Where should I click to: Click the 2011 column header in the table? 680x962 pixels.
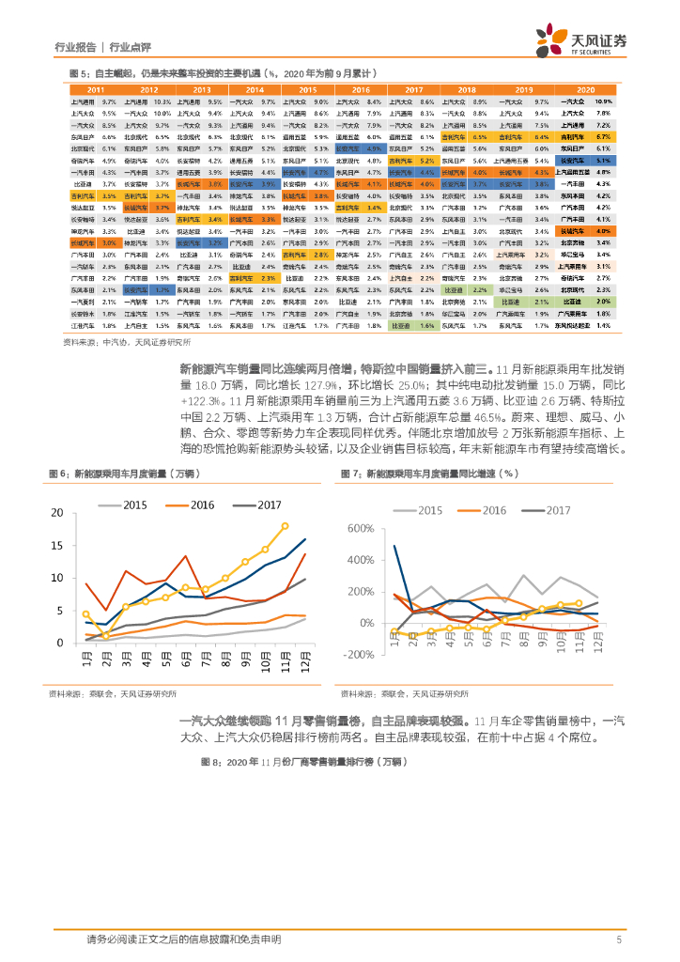[x=96, y=88]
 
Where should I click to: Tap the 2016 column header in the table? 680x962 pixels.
[x=362, y=88]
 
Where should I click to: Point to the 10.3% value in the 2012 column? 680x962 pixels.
[x=162, y=101]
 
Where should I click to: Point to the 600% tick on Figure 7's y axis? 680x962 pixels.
[x=361, y=529]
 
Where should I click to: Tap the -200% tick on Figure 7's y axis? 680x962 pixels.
[x=359, y=654]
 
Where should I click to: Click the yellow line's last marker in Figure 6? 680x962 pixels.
[x=285, y=526]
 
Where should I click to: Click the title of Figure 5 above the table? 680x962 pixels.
[x=224, y=72]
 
